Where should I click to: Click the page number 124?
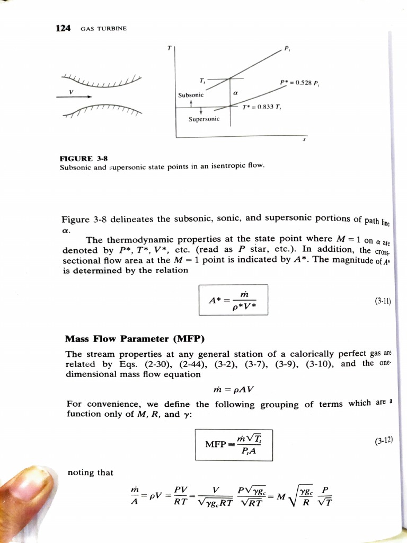tap(63, 28)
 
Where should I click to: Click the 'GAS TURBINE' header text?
tap(104, 29)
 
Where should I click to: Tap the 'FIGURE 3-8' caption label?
tap(81, 157)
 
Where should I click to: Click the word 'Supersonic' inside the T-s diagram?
tap(203, 119)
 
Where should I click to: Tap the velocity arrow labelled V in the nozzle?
tap(74, 97)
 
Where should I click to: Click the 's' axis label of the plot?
tap(304, 141)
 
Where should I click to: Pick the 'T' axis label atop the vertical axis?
tap(169, 48)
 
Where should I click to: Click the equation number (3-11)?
tap(382, 301)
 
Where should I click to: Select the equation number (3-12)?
tap(383, 440)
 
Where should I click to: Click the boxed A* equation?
tap(233, 301)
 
